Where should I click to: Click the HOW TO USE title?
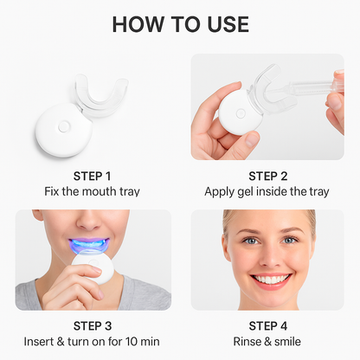click(x=180, y=23)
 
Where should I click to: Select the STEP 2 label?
click(x=267, y=175)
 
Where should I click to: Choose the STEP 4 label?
click(x=267, y=325)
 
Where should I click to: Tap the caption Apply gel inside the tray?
click(x=267, y=191)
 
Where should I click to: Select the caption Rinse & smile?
click(x=267, y=342)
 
